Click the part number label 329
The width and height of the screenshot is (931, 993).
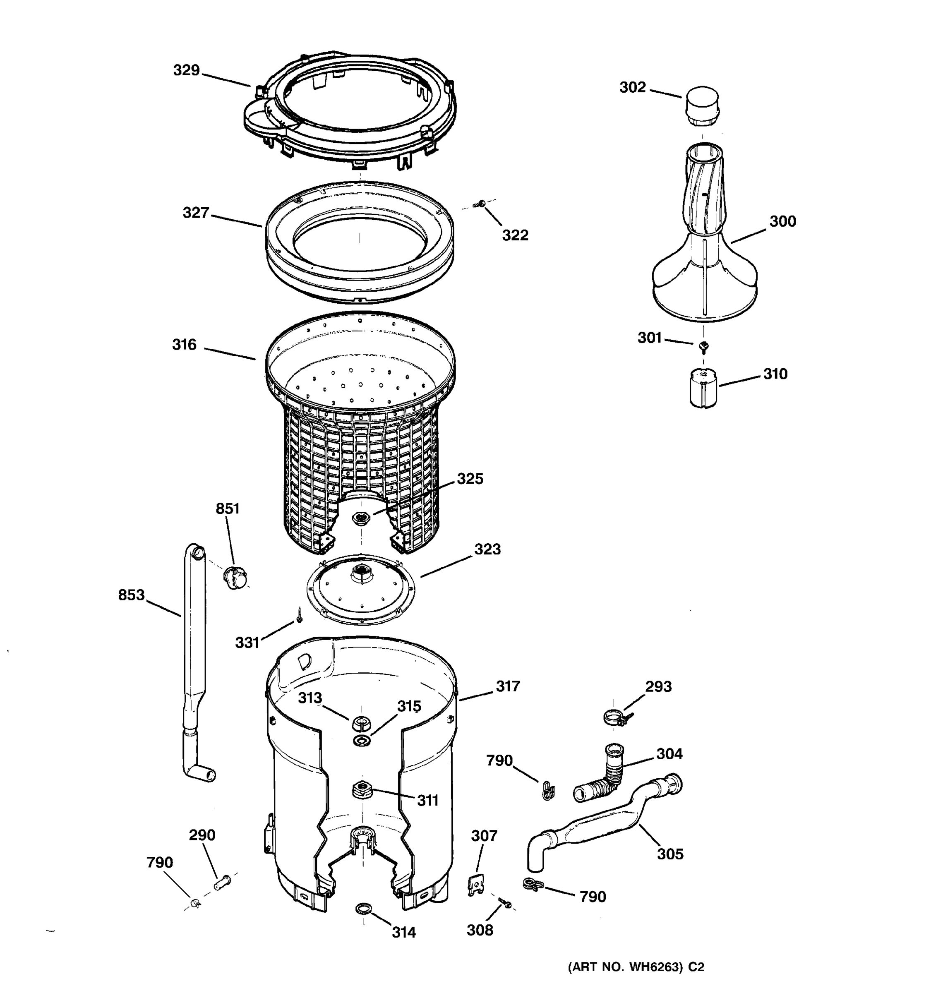(x=186, y=70)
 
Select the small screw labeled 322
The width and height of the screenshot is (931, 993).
(x=482, y=203)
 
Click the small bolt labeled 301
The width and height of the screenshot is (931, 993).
(x=704, y=345)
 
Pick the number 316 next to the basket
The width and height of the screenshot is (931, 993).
(x=184, y=345)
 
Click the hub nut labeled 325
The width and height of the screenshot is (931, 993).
(x=360, y=518)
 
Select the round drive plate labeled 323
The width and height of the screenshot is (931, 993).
(x=360, y=588)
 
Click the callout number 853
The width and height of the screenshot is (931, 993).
(x=131, y=595)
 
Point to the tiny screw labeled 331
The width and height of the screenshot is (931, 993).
(x=299, y=615)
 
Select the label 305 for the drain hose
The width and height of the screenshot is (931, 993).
(x=670, y=854)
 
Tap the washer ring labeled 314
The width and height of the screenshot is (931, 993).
(x=364, y=908)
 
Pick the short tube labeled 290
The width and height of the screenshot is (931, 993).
(x=222, y=882)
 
